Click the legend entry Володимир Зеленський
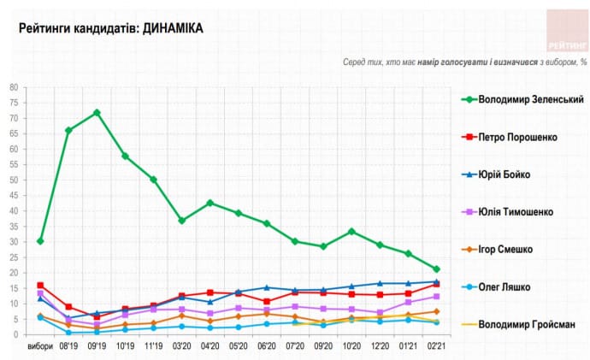point(523,99)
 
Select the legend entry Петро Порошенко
point(516,137)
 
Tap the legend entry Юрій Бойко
point(504,174)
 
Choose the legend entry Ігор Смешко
point(506,249)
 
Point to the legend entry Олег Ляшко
point(504,286)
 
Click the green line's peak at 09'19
point(97,112)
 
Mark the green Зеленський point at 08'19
point(68,130)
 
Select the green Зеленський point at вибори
point(40,241)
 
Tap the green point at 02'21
point(436,269)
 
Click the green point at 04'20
point(209,203)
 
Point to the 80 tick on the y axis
point(14,87)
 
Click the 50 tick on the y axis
point(14,180)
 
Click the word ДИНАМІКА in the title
point(173,29)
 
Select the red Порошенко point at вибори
point(40,285)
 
